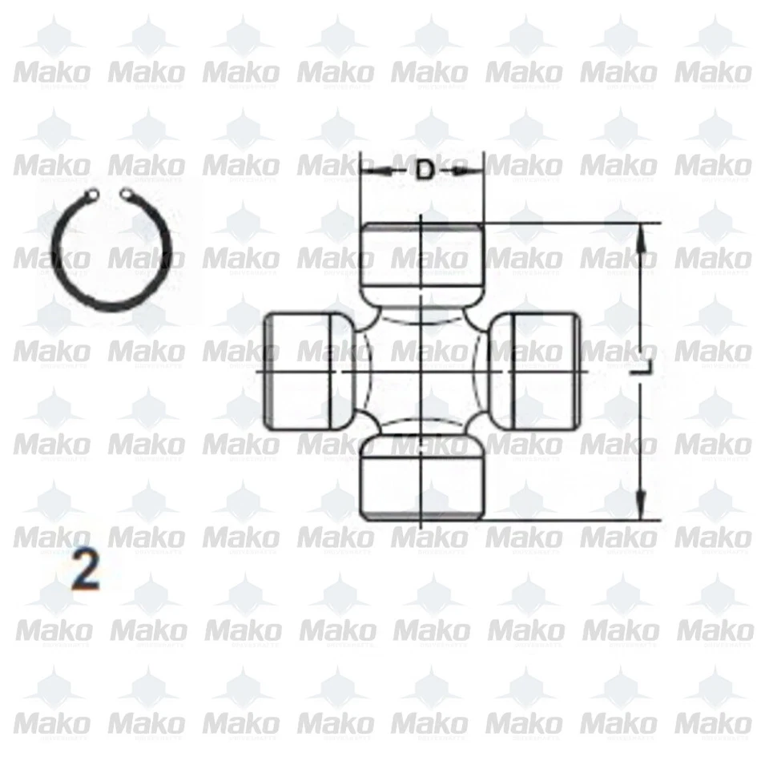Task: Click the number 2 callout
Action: click(85, 570)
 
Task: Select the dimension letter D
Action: click(425, 170)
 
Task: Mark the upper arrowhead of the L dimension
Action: click(640, 232)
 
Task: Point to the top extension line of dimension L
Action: click(569, 222)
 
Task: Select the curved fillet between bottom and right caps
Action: click(479, 429)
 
